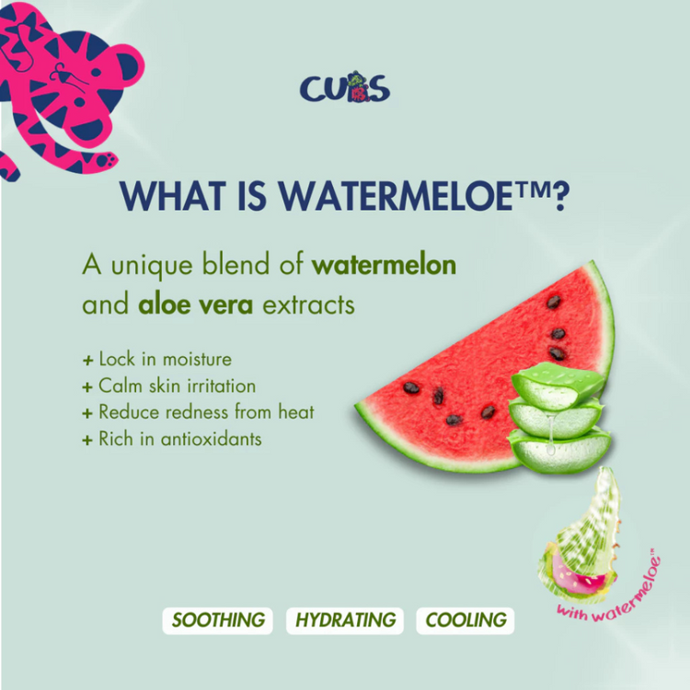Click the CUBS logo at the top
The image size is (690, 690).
click(x=345, y=87)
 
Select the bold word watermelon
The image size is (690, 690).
click(x=384, y=265)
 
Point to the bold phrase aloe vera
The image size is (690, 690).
click(x=195, y=305)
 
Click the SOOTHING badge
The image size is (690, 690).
click(x=218, y=620)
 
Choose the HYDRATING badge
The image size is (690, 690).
click(x=345, y=620)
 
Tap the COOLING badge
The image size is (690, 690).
click(x=466, y=620)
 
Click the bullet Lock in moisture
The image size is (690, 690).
click(x=157, y=359)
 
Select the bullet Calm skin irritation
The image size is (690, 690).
click(x=169, y=385)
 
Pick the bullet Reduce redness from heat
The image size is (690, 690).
click(x=199, y=412)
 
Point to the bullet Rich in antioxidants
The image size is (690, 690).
click(x=172, y=439)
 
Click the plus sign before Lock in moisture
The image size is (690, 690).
click(x=87, y=361)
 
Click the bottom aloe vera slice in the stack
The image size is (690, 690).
click(x=559, y=451)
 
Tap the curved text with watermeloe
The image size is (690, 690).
click(x=609, y=589)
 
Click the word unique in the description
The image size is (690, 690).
click(x=152, y=266)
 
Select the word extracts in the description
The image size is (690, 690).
click(x=309, y=305)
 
